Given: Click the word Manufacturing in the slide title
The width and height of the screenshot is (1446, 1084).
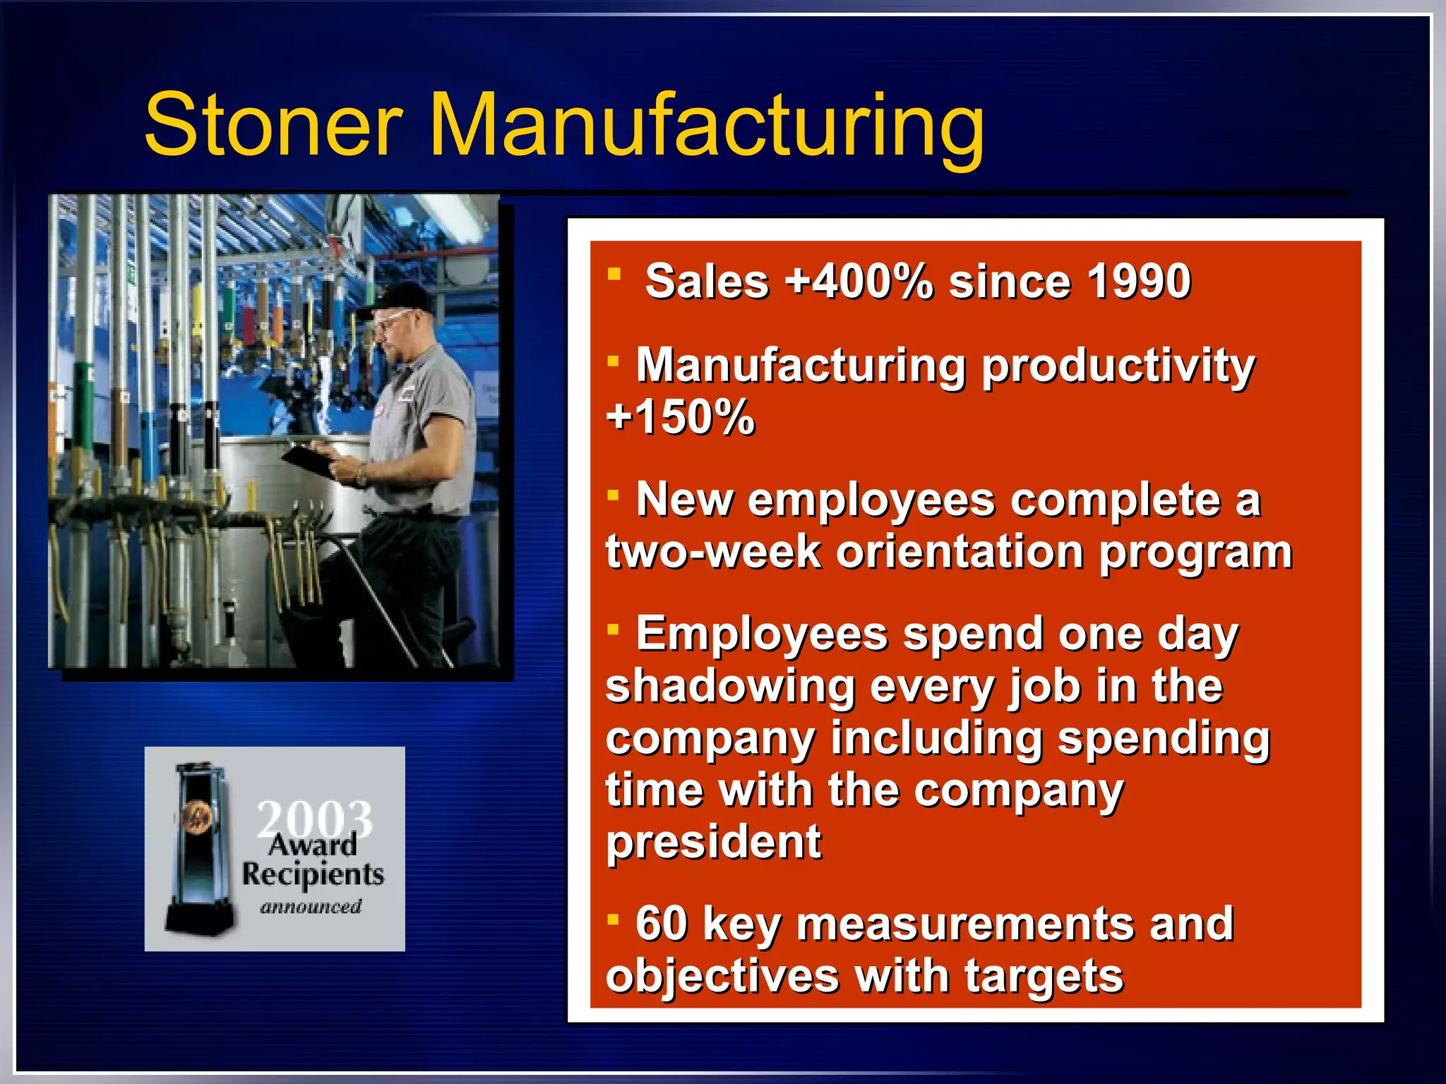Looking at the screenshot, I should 706,127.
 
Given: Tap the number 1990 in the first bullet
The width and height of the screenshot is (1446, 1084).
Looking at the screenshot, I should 1139,281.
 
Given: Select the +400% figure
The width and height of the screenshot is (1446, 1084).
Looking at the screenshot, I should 859,281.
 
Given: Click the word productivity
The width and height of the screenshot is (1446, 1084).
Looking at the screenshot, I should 1118,367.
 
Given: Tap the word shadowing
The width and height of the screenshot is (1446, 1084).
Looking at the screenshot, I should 730,686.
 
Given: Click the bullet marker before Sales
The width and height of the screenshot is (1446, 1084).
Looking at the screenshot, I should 614,274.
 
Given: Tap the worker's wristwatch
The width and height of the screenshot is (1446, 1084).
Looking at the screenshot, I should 361,476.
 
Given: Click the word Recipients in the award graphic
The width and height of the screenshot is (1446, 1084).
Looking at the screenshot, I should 313,874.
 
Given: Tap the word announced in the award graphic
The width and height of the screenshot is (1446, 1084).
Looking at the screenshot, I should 311,906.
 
